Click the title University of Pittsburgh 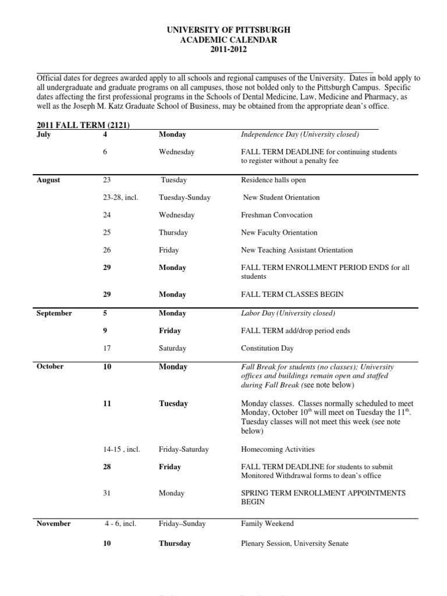(x=228, y=29)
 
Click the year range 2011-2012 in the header (x=228, y=49)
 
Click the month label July (x=44, y=134)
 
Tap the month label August (x=48, y=180)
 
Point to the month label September (x=54, y=313)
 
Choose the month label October (x=50, y=367)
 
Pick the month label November (x=54, y=524)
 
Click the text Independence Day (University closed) (x=300, y=134)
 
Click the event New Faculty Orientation (x=279, y=233)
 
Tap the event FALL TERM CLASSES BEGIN (x=292, y=295)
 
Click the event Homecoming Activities (x=278, y=449)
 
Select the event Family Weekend (x=267, y=524)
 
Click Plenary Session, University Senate (x=295, y=544)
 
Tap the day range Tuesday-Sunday (x=185, y=198)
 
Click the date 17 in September (x=106, y=349)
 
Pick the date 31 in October (x=106, y=493)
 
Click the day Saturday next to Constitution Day (x=172, y=349)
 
